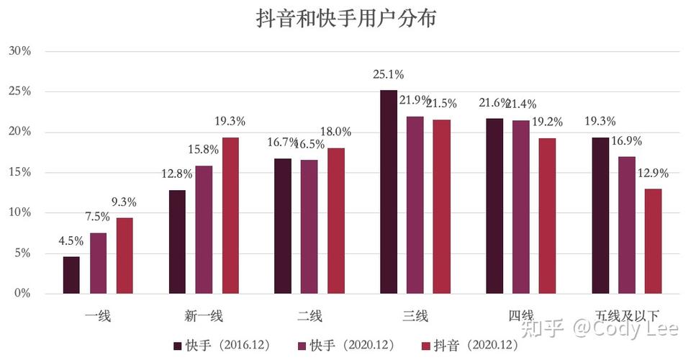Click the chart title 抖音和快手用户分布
(x=347, y=19)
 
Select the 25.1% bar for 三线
(x=389, y=192)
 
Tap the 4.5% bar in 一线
(x=71, y=275)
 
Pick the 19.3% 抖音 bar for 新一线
(x=230, y=215)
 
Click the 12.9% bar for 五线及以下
(x=653, y=241)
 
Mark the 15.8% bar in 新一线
(x=204, y=230)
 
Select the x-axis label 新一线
(x=204, y=315)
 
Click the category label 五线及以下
(x=626, y=315)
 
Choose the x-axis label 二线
(x=309, y=315)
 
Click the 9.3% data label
(x=125, y=202)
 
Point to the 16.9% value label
(x=627, y=141)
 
